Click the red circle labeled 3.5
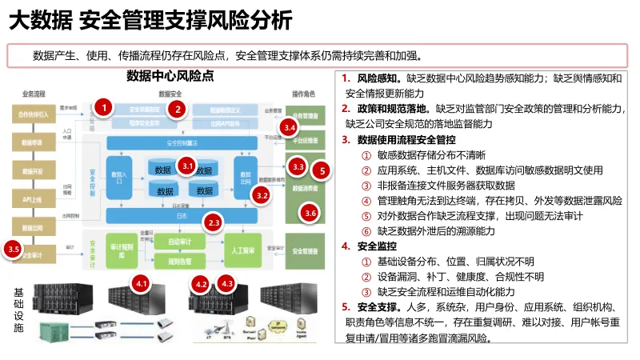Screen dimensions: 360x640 pos(14,250)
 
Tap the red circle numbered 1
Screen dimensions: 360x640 pos(102,106)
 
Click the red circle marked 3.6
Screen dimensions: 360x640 pos(310,213)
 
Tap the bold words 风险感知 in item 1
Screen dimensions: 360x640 pos(378,78)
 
